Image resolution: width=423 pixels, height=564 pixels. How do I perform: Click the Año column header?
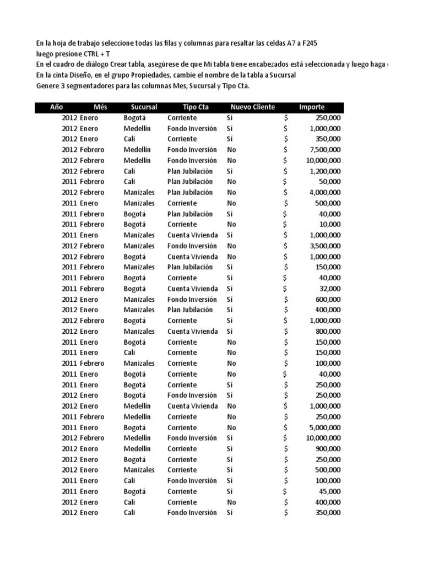(x=57, y=107)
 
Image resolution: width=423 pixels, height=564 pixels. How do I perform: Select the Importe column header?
(x=312, y=107)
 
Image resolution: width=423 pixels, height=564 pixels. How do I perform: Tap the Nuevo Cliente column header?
(x=252, y=107)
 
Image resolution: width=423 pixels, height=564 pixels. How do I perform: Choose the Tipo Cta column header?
(x=196, y=107)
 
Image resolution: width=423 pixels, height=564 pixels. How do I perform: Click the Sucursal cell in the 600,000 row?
(x=139, y=300)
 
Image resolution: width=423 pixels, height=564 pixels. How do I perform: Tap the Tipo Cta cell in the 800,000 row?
(x=192, y=332)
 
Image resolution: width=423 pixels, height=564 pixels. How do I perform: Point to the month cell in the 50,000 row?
(x=91, y=182)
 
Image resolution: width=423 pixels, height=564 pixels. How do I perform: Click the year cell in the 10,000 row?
(x=69, y=225)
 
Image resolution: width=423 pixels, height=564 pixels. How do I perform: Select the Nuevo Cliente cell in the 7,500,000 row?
(x=231, y=150)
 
